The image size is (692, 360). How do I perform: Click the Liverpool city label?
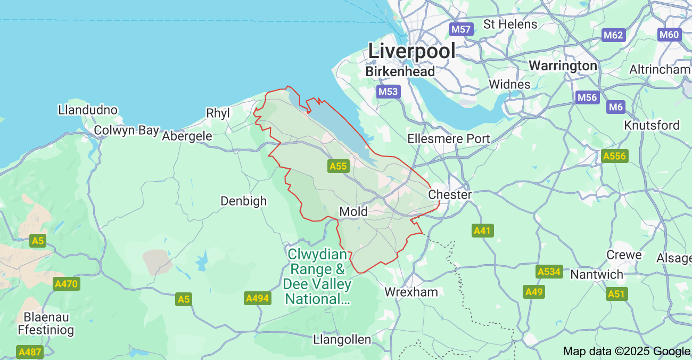412,51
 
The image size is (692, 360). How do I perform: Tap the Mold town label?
353,211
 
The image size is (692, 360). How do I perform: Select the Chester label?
450,194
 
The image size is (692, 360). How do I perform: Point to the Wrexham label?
411,292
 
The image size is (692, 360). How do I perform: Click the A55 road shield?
338,166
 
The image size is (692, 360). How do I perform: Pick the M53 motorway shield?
388,92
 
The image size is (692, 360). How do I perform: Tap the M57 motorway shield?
460,29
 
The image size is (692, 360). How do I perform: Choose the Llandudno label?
88,110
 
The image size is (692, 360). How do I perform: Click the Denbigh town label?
244,201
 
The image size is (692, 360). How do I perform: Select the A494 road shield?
257,299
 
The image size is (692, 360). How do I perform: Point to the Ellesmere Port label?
449,138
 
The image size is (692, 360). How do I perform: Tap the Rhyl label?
218,113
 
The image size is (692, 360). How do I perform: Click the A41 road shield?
483,231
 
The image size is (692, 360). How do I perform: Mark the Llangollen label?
342,339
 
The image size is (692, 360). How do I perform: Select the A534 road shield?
549,272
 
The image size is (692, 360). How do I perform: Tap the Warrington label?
563,66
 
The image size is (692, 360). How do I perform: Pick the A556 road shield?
615,156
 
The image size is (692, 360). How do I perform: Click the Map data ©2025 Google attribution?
627,351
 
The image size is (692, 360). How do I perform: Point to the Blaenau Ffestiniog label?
46,323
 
